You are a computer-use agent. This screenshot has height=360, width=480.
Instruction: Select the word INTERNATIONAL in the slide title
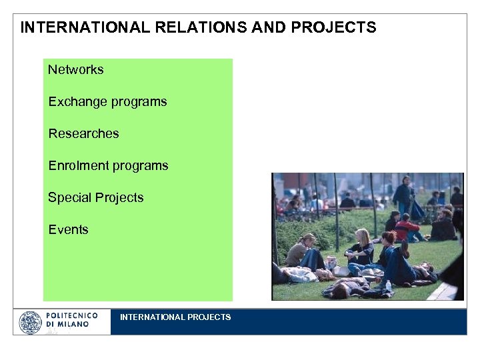(77, 28)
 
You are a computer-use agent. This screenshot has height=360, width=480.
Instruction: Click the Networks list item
(75, 69)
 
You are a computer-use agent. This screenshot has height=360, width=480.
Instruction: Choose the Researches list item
(83, 133)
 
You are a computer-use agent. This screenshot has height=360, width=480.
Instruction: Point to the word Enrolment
(75, 165)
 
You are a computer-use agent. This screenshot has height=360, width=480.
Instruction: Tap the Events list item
(68, 229)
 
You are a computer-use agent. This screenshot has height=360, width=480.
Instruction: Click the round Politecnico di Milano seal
(30, 322)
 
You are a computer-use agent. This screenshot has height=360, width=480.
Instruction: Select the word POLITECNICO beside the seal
(72, 315)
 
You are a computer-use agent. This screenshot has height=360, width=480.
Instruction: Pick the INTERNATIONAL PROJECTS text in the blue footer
(175, 317)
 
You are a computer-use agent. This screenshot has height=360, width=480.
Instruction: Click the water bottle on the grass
(389, 285)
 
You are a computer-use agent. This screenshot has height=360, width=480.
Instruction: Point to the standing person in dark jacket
(403, 193)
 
